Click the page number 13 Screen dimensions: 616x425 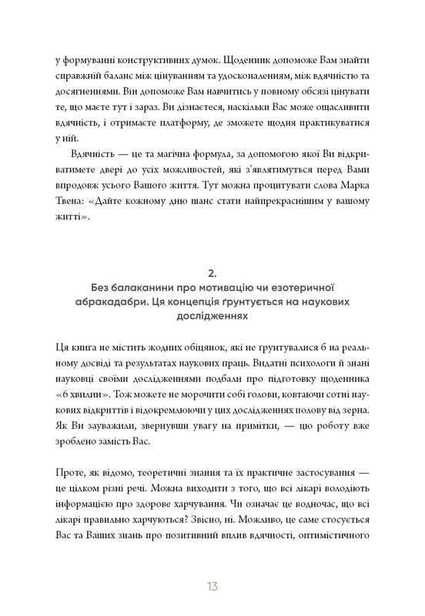click(212, 586)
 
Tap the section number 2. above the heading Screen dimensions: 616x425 click(212, 272)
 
